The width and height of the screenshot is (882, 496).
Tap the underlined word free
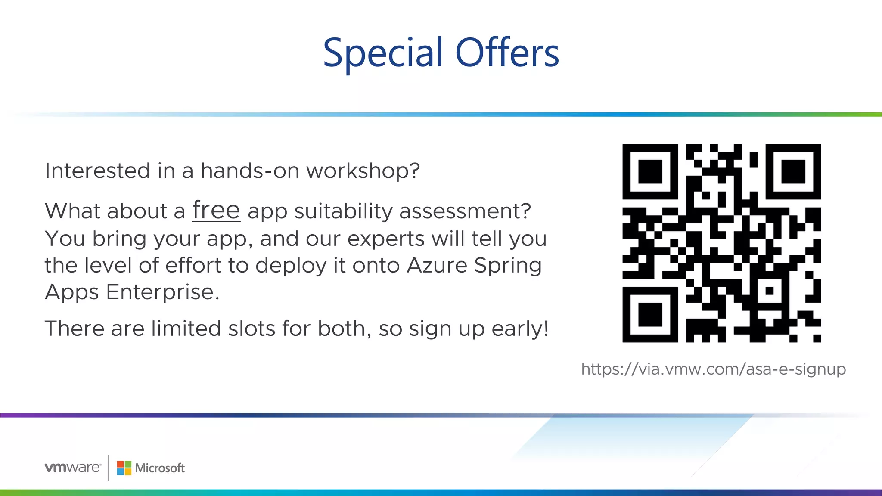click(x=216, y=210)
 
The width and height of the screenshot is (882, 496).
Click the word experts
click(x=385, y=239)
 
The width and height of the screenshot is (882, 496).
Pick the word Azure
click(x=437, y=265)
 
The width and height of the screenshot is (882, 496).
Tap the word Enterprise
click(x=162, y=292)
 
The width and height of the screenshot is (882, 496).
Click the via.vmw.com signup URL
click(x=713, y=369)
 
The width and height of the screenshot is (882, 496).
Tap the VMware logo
click(x=72, y=468)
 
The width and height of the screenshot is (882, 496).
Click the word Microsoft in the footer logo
click(x=159, y=468)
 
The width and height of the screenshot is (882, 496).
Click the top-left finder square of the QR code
click(x=650, y=171)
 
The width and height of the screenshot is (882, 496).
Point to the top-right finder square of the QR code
click(x=793, y=171)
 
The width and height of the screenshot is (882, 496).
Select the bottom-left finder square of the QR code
click(x=650, y=315)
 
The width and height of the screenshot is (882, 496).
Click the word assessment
click(x=465, y=211)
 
